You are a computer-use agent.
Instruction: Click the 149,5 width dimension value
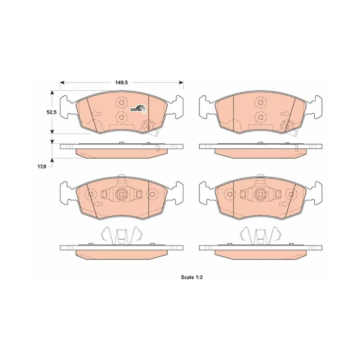pyautogui.click(x=121, y=83)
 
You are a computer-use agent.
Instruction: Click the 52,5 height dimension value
pyautogui.click(x=51, y=112)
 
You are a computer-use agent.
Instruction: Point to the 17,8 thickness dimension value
pyautogui.click(x=42, y=167)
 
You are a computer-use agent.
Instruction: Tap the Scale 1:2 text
pyautogui.click(x=192, y=277)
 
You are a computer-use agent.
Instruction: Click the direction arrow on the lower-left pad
pyautogui.click(x=99, y=204)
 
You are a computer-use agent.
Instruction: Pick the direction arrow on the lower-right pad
pyautogui.click(x=283, y=204)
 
